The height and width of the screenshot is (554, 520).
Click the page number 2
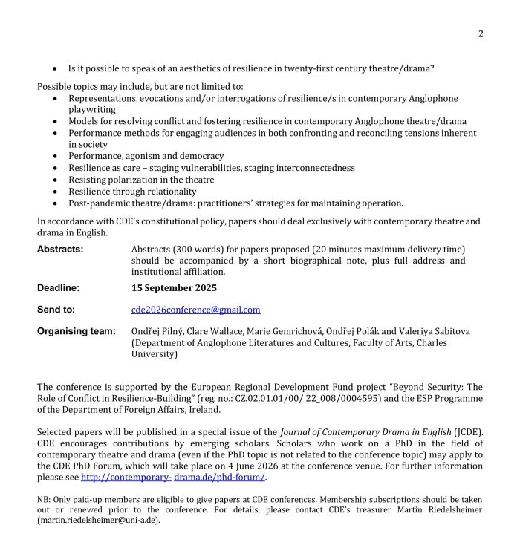[x=481, y=33]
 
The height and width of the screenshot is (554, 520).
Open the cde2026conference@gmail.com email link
[x=196, y=310]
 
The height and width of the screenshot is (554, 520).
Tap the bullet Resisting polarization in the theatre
[x=141, y=180]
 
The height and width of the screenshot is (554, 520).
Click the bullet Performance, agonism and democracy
[x=146, y=156]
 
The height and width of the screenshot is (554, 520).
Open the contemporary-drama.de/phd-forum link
[x=173, y=477]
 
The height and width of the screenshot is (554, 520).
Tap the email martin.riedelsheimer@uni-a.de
[x=98, y=521]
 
